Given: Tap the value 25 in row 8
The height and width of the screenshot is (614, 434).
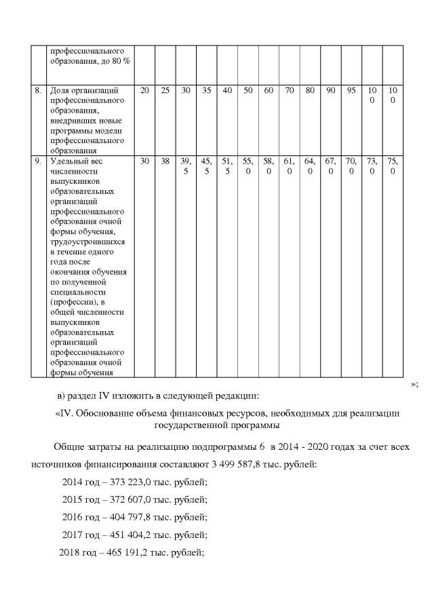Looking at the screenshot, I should click(x=165, y=90).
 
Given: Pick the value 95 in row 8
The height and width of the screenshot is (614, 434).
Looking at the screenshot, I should click(x=351, y=90).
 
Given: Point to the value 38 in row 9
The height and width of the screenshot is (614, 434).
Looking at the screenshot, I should click(x=165, y=161).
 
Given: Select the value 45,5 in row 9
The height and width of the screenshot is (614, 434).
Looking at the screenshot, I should click(x=206, y=166).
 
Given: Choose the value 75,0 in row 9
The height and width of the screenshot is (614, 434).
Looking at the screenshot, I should click(x=393, y=166).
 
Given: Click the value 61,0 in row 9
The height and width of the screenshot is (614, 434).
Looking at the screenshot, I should click(x=289, y=166).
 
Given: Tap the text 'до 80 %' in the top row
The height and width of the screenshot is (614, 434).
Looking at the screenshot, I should click(x=115, y=61).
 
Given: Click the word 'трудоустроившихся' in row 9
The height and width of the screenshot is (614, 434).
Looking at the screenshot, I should click(x=87, y=242).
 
